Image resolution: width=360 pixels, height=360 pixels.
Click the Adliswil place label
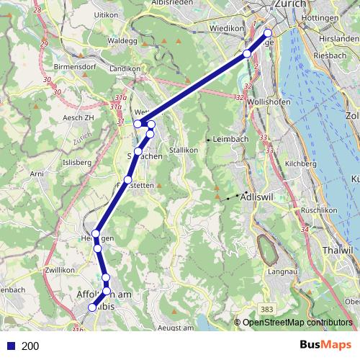click(259, 195)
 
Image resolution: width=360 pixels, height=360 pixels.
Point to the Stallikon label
click(183, 150)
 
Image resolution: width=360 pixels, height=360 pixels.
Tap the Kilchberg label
click(301, 164)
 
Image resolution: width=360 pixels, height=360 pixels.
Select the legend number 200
click(31, 346)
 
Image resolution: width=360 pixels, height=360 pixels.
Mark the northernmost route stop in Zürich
click(268, 32)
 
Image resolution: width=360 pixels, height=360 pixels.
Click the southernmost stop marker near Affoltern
click(92, 308)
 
